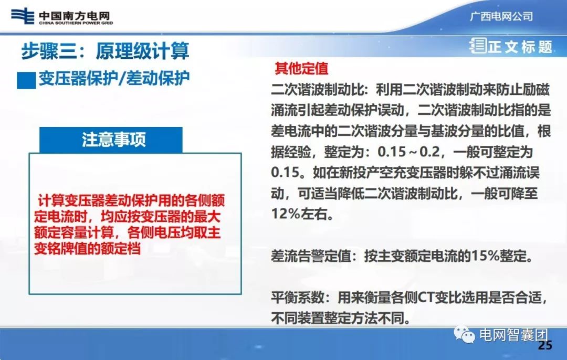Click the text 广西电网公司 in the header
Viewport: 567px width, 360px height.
pos(501,16)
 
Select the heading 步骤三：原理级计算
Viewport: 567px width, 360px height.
pos(105,51)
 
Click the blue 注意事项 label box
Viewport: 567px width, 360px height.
pos(113,140)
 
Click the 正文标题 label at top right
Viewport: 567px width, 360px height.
pos(520,47)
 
